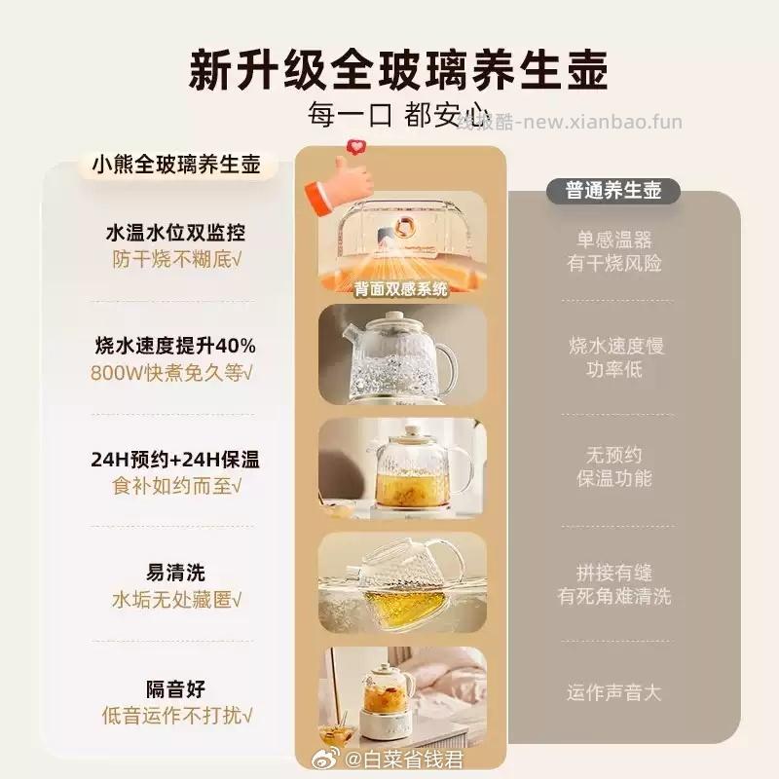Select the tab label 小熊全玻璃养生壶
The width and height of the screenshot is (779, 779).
(x=176, y=164)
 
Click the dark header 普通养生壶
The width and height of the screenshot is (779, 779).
(x=613, y=190)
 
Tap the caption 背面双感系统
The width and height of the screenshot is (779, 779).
(x=402, y=287)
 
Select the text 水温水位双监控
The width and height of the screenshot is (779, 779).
(x=175, y=234)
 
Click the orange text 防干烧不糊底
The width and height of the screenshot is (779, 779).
(x=175, y=261)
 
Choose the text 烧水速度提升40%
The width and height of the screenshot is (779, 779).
(x=175, y=346)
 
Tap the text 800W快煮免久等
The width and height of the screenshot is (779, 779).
(x=175, y=372)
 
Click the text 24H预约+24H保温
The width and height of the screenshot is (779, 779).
(x=175, y=459)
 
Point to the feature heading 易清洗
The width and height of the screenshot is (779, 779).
(x=175, y=572)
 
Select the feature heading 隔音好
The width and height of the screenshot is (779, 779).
(x=175, y=688)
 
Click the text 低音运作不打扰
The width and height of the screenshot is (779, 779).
(x=175, y=716)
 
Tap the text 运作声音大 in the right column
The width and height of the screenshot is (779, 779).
(x=613, y=692)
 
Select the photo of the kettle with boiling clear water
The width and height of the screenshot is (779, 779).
(x=402, y=355)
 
